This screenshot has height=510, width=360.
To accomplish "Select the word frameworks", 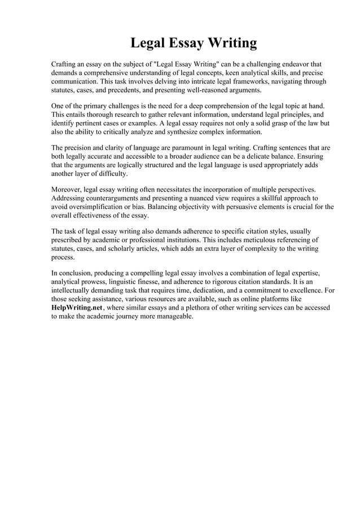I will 254,81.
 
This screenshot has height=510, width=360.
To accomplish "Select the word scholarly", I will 134,249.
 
